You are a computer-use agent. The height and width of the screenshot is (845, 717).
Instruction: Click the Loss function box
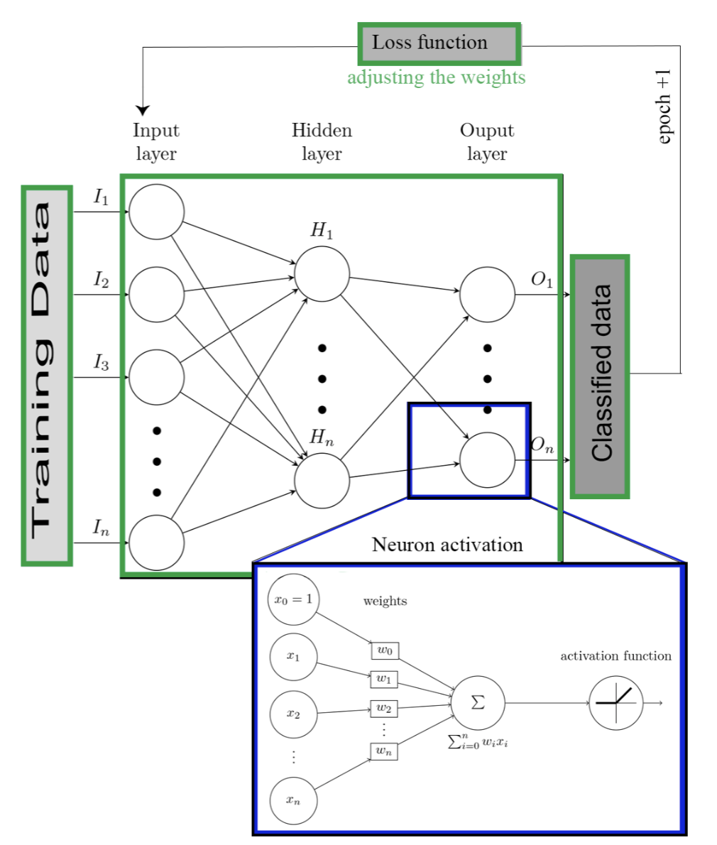439,43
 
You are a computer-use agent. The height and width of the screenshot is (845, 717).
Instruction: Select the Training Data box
47,376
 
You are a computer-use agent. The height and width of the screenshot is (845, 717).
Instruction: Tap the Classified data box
601,376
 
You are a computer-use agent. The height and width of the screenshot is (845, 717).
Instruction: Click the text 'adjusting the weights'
436,77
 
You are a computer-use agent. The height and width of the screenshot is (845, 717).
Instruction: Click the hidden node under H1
322,273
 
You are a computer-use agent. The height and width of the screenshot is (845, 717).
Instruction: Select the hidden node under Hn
322,480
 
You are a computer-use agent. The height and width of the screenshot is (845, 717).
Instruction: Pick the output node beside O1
487,294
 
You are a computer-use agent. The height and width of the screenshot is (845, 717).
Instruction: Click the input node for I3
156,377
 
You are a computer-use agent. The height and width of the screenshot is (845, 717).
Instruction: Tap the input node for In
156,543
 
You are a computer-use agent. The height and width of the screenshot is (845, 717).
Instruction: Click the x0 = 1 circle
293,599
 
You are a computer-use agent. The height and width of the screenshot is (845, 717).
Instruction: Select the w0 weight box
384,650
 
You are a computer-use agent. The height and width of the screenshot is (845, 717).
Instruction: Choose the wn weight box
383,751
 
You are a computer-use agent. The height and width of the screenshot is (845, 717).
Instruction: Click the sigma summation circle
478,703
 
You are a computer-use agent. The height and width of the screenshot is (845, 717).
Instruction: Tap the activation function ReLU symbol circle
615,703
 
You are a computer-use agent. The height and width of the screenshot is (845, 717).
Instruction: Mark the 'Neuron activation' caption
447,545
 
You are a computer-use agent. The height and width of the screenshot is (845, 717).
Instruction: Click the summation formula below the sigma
478,743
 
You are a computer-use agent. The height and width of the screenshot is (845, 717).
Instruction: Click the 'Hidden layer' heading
322,142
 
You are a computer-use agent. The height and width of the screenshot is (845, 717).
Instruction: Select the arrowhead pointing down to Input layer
143,110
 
